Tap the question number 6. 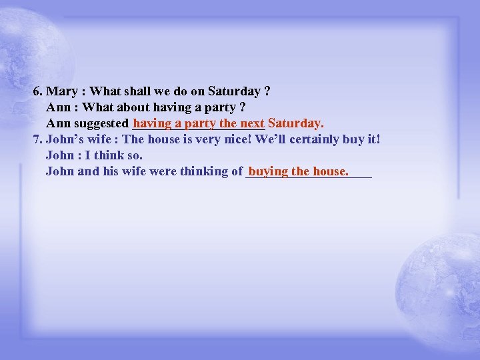point(37,91)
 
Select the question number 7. point(37,139)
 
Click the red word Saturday point(295,123)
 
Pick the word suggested point(101,123)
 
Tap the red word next point(253,123)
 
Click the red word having point(152,123)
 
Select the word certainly point(299,139)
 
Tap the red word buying point(268,171)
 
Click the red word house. point(330,171)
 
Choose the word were point(163,171)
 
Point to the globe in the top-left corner point(30,47)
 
